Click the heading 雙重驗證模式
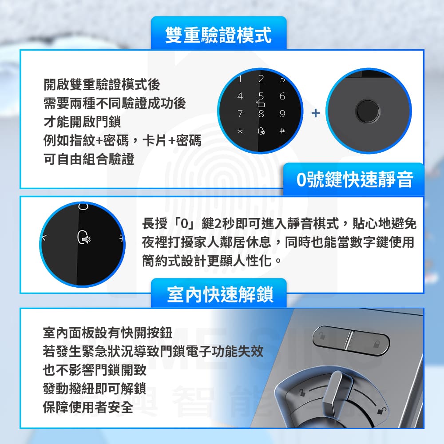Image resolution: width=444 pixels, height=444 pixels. click(x=218, y=35)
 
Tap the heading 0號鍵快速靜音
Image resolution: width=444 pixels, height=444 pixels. click(x=354, y=179)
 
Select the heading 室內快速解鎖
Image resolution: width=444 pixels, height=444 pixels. click(x=220, y=294)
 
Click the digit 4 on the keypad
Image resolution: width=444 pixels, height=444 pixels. click(x=240, y=96)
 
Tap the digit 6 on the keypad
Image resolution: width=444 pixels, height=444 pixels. click(x=282, y=96)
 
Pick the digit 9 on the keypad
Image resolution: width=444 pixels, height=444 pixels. click(x=282, y=114)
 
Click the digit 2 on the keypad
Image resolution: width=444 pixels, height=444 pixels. click(x=261, y=79)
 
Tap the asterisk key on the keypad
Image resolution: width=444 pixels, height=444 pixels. click(x=240, y=131)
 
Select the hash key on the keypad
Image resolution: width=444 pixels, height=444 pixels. click(x=282, y=131)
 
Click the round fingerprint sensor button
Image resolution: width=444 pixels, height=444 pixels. click(x=368, y=111)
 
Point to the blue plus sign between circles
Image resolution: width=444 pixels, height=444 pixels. click(x=315, y=113)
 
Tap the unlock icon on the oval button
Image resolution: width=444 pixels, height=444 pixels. click(x=322, y=336)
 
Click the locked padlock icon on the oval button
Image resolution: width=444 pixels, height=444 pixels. click(x=376, y=344)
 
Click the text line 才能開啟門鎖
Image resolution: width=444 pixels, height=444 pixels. click(x=82, y=122)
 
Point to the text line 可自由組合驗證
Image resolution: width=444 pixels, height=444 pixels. click(x=89, y=159)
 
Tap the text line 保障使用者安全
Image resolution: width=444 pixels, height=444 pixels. click(x=88, y=407)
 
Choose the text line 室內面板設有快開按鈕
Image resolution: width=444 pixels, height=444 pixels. click(x=107, y=333)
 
